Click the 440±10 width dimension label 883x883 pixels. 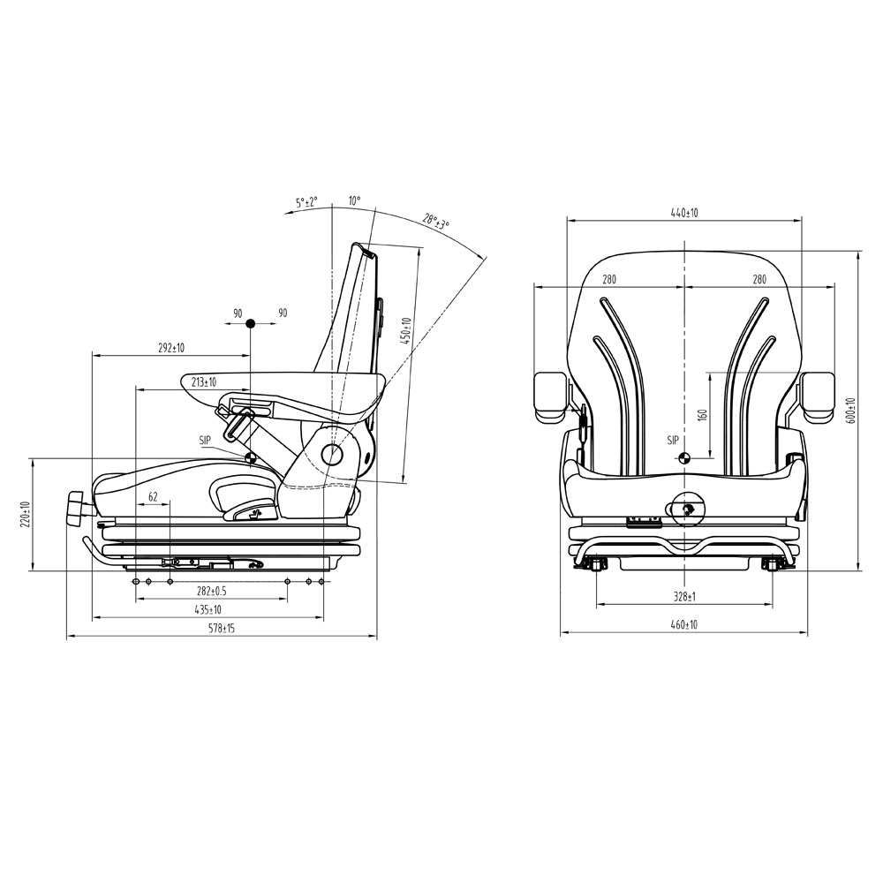[683, 213]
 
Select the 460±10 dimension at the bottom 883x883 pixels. [683, 624]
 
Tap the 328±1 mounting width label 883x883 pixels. [683, 597]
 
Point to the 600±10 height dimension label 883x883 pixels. [850, 411]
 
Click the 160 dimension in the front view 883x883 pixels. [702, 415]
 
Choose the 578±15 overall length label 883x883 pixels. [222, 629]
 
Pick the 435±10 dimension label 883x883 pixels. [208, 610]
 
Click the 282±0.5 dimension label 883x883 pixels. [211, 592]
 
